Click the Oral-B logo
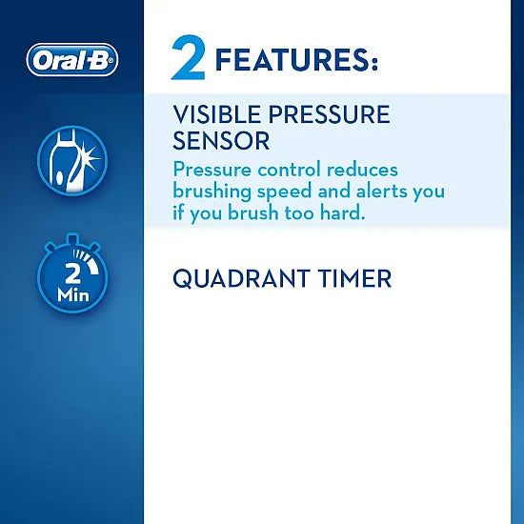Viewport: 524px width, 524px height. [72, 60]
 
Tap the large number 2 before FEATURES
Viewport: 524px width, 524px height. [189, 59]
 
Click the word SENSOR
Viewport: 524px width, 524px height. [221, 141]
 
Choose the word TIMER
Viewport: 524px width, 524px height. [356, 279]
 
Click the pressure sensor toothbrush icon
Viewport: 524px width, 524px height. [72, 161]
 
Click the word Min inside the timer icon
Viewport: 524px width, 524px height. [72, 294]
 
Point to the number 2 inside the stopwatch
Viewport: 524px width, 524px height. [72, 273]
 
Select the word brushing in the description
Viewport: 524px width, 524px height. [213, 191]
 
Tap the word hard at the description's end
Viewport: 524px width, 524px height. [341, 212]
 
